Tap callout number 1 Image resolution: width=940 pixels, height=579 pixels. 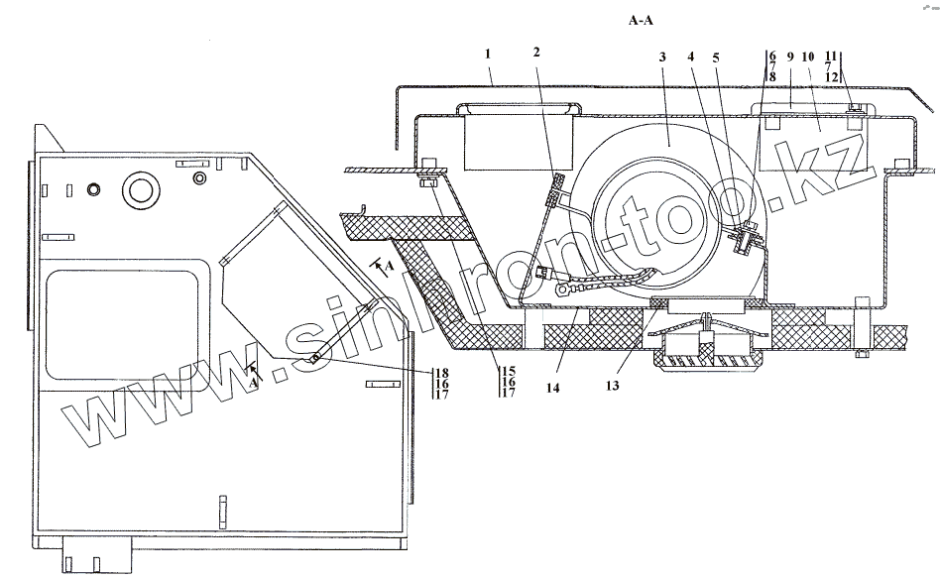490,53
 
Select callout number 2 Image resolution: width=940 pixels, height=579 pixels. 537,53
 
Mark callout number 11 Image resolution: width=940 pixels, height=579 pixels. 831,56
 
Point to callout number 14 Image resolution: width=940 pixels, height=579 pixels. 552,388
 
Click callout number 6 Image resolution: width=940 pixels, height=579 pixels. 771,56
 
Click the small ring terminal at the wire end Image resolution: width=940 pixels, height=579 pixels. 563,291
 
